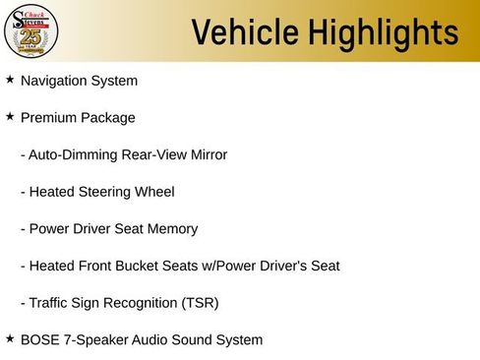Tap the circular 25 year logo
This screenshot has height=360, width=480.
point(31,31)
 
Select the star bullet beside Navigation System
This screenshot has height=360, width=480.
point(10,79)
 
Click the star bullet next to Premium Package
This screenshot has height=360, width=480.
point(10,116)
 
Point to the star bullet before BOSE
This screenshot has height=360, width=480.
point(10,338)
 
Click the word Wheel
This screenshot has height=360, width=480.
point(154,192)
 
